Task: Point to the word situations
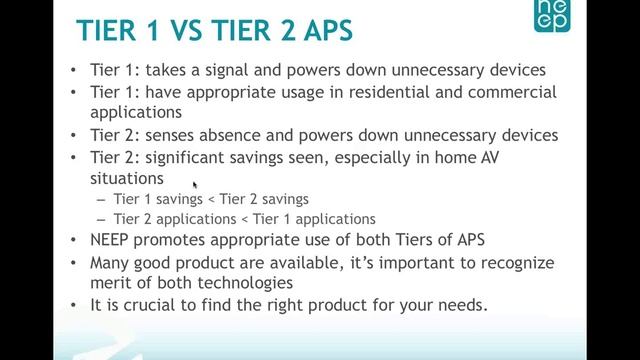pyautogui.click(x=126, y=177)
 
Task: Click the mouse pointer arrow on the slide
pyautogui.click(x=194, y=184)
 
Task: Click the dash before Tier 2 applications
pyautogui.click(x=102, y=219)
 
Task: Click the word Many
pyautogui.click(x=110, y=262)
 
